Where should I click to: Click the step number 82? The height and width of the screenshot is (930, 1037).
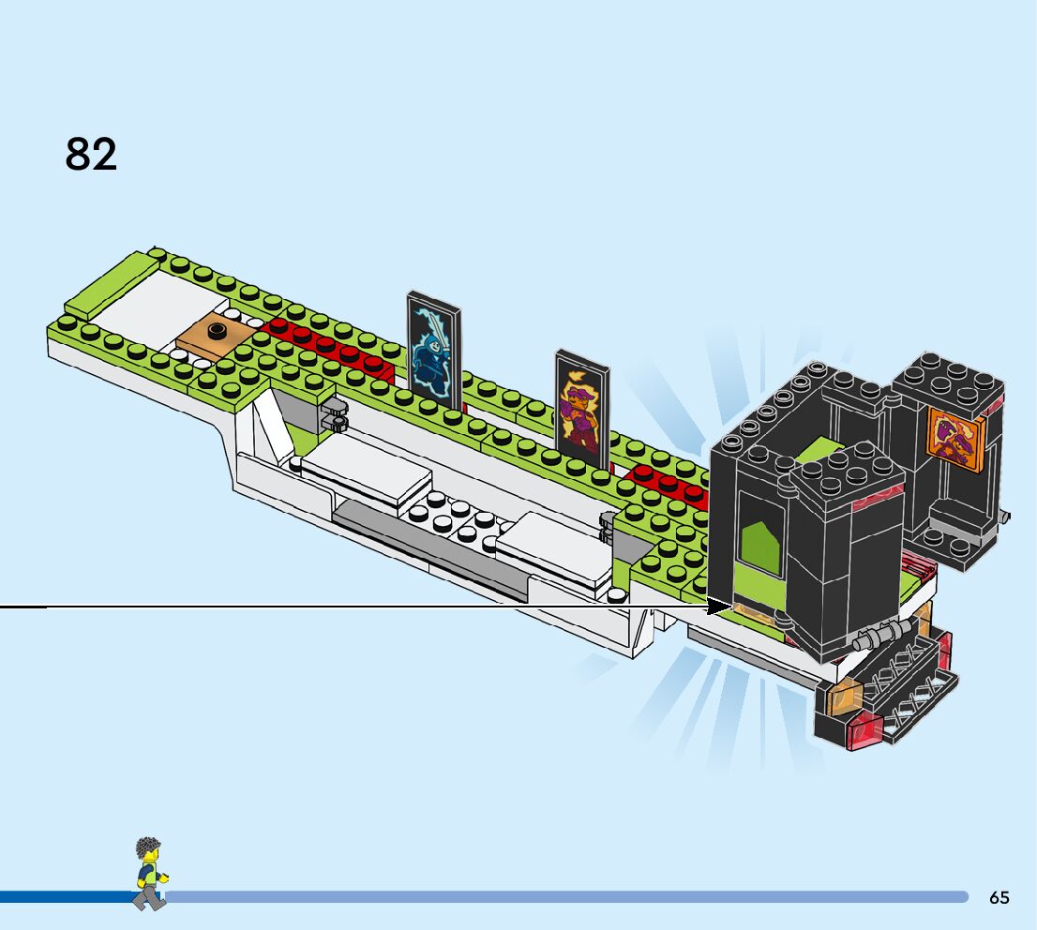coord(91,154)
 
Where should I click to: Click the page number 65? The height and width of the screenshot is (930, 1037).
coord(999,897)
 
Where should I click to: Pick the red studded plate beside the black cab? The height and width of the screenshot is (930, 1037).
coord(669,481)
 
